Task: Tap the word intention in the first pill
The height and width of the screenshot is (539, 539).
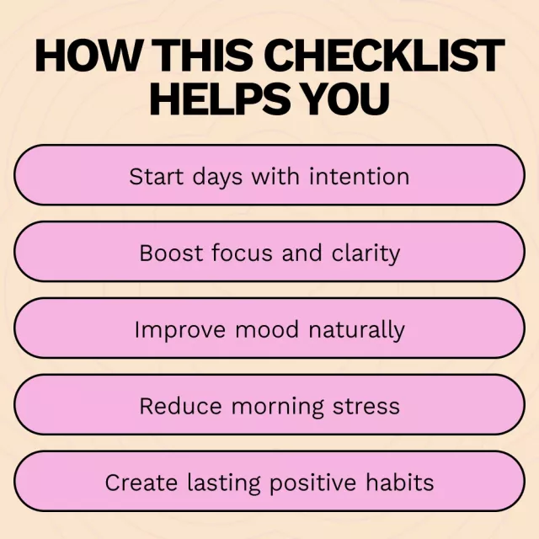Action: [360, 176]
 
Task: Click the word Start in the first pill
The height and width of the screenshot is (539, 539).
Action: [156, 177]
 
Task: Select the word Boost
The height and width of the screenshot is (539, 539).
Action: [171, 253]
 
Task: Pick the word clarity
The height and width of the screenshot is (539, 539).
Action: [366, 253]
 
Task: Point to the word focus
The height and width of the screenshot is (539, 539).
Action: [243, 253]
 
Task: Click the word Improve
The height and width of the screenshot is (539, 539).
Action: [180, 330]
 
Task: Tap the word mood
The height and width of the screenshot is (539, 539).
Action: [267, 329]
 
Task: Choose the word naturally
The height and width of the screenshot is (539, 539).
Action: [356, 330]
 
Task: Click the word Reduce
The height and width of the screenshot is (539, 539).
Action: [180, 406]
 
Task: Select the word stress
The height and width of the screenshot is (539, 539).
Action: [366, 407]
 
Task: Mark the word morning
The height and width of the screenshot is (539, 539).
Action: [277, 407]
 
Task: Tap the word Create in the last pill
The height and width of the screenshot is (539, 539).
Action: [141, 483]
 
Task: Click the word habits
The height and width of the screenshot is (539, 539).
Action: [399, 482]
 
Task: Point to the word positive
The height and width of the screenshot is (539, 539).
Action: [312, 483]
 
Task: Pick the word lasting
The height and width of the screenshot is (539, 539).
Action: [223, 483]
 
